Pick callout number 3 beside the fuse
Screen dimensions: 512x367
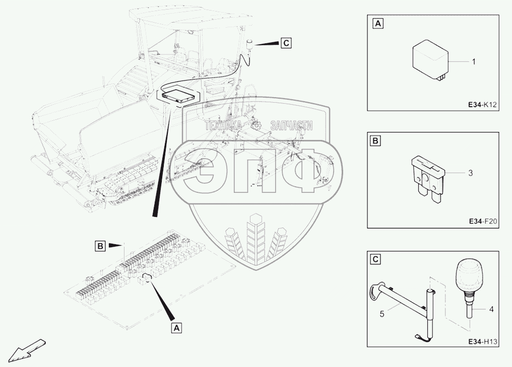tap(470, 173)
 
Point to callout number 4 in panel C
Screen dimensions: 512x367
tap(491, 310)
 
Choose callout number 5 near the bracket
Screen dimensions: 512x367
tap(382, 314)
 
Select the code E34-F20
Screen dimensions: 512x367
tap(483, 221)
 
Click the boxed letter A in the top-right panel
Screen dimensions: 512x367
tap(377, 23)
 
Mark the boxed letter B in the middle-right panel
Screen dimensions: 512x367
tap(377, 141)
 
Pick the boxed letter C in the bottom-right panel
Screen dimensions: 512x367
tap(377, 260)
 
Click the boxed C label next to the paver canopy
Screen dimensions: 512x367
tap(286, 43)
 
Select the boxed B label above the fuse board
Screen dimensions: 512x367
tap(100, 246)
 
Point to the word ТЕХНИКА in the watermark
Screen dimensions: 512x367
tap(223, 125)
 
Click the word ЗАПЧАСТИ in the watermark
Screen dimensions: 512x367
tap(291, 125)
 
